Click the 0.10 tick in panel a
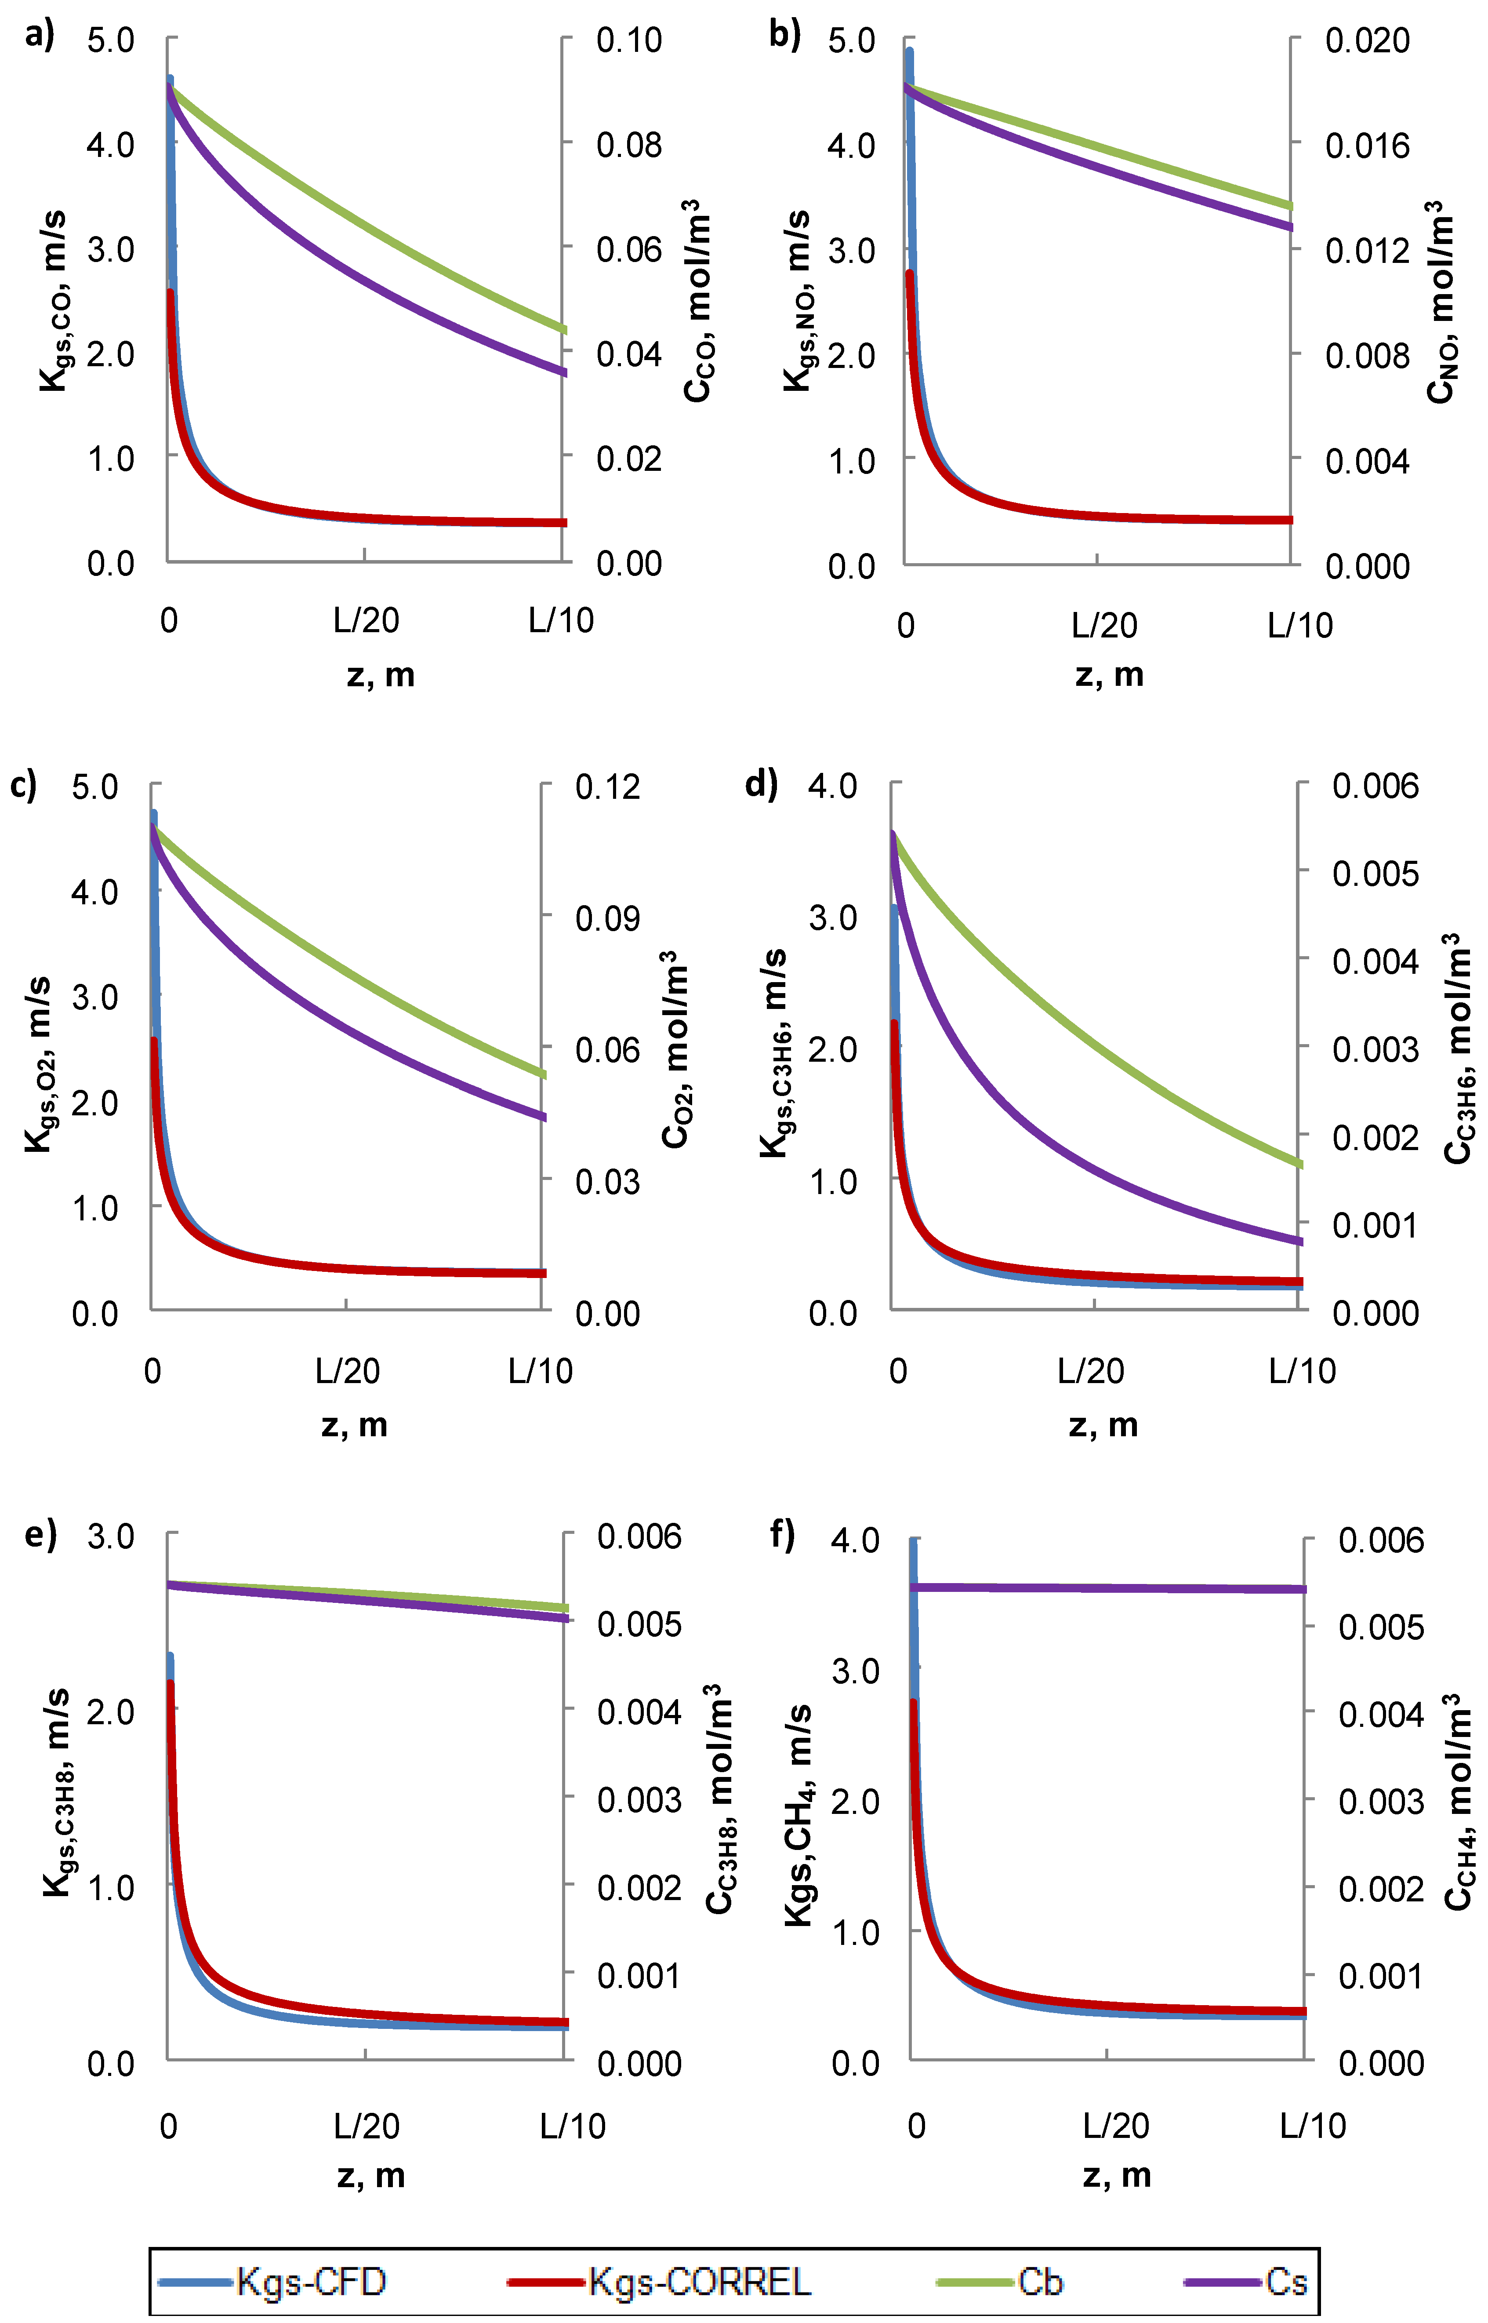(629, 40)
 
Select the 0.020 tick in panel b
(1366, 40)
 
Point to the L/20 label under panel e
(366, 2126)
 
